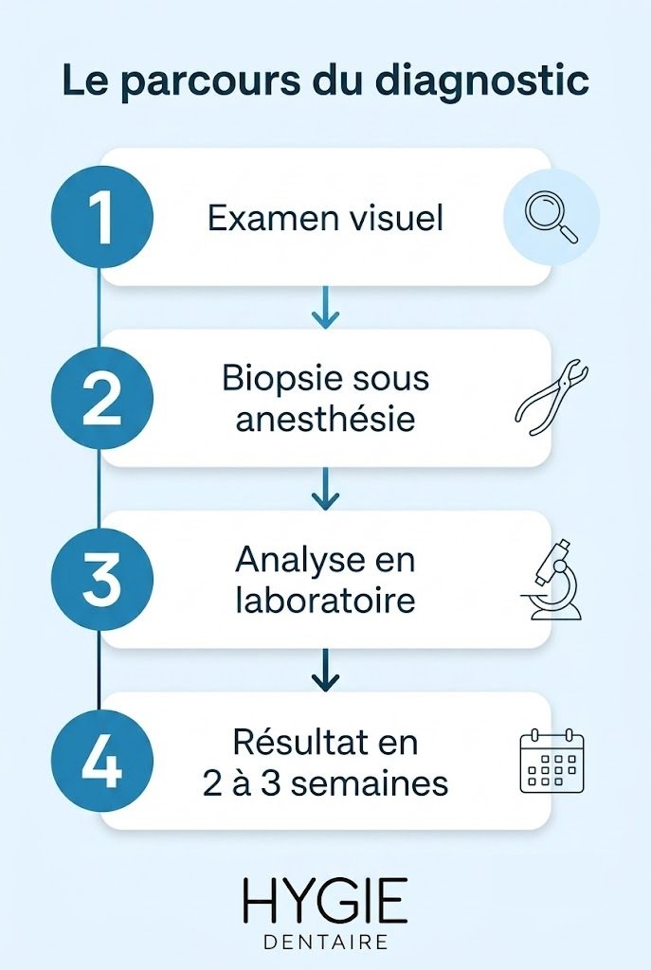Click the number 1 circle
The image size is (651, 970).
tap(102, 217)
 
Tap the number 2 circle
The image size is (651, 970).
tap(102, 399)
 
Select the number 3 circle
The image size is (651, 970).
tap(102, 580)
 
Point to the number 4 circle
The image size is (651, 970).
tap(102, 762)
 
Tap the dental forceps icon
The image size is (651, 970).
tap(552, 397)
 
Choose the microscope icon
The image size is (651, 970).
tap(551, 580)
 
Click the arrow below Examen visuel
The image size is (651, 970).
tap(326, 307)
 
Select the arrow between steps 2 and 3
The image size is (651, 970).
tap(326, 489)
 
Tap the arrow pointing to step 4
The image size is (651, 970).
tap(326, 670)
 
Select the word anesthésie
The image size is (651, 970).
tap(326, 419)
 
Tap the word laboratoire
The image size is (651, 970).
tap(326, 600)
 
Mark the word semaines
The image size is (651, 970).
tap(370, 784)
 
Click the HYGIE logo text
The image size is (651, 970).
tap(325, 900)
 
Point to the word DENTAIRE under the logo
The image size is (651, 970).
tap(326, 942)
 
